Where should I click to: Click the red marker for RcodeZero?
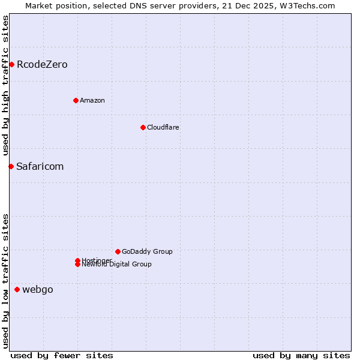11,64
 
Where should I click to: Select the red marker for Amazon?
76,100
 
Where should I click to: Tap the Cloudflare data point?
143,127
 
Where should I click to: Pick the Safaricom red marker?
11,166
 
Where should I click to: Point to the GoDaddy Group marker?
118,251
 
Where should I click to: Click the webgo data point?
17,290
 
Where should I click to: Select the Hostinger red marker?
77,260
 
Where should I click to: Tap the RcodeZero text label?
42,64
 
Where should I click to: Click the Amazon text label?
92,100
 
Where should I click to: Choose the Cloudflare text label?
163,127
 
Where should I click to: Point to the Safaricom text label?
40,166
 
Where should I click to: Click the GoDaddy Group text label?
147,251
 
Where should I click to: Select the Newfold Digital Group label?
117,265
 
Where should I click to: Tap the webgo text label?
38,290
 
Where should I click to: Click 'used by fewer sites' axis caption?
62,355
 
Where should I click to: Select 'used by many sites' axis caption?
301,355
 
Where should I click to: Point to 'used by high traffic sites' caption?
5,85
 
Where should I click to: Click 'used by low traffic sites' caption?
5,280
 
